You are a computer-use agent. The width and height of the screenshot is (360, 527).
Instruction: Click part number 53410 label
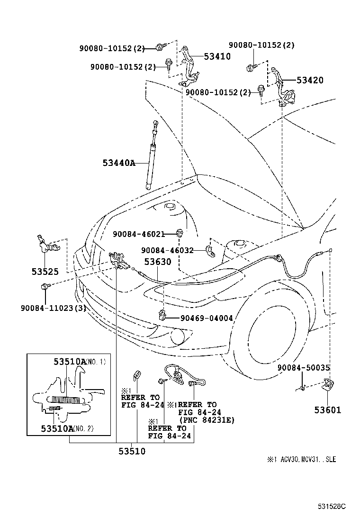click(x=217, y=56)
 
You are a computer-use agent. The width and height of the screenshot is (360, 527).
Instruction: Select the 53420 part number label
click(x=310, y=80)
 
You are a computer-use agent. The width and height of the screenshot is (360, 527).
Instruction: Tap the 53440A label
click(x=119, y=163)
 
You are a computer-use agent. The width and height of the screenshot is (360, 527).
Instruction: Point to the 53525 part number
click(x=45, y=272)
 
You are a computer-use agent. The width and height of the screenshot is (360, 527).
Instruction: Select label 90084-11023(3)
click(x=53, y=307)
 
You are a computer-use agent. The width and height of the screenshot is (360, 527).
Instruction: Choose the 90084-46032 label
click(x=167, y=250)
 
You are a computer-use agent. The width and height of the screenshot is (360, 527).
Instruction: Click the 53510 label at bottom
click(x=132, y=451)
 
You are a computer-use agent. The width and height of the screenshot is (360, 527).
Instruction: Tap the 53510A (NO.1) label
click(x=80, y=362)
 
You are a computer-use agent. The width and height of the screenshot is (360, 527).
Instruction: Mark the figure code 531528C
click(x=331, y=506)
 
